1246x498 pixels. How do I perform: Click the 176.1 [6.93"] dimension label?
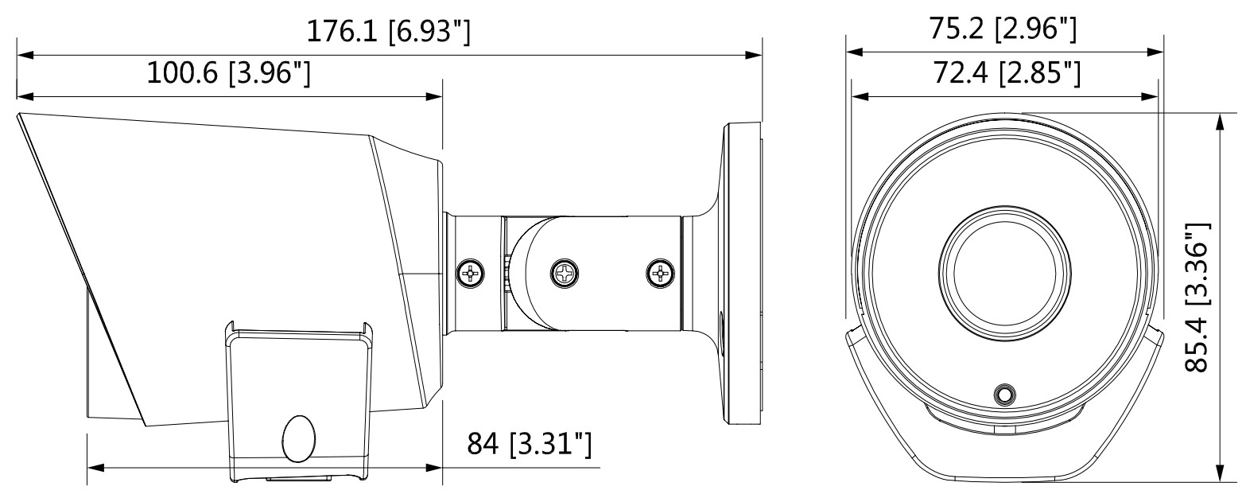tap(388, 32)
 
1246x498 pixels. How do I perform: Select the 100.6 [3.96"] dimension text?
tap(228, 73)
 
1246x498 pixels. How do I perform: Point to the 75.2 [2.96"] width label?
tap(1003, 29)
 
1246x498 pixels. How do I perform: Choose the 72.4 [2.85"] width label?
tap(1003, 73)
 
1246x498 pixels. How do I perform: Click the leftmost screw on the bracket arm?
tap(470, 274)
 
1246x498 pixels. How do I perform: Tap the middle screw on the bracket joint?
tap(564, 274)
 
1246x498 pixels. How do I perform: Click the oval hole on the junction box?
tap(297, 438)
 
